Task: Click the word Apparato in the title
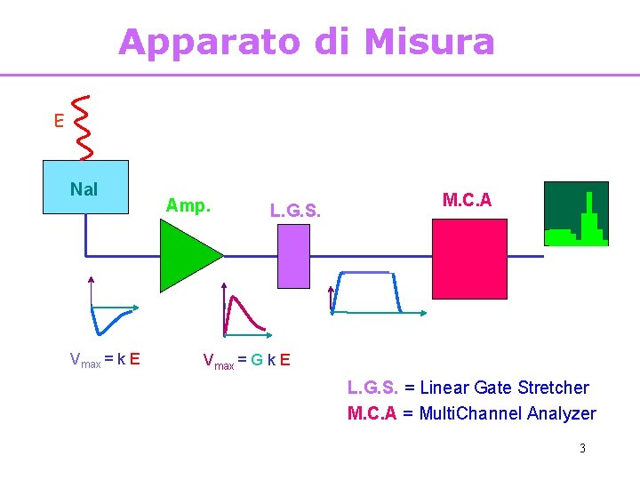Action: [208, 42]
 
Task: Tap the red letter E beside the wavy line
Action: [59, 121]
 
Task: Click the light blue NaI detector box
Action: [85, 188]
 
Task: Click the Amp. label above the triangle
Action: [188, 205]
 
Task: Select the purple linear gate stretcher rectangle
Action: [293, 256]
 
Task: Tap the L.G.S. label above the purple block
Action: [295, 211]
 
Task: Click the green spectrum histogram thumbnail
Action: [576, 213]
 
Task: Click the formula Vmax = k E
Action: [104, 359]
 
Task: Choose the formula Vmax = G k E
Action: [245, 360]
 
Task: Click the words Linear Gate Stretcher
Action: [504, 388]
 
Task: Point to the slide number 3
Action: [582, 448]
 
